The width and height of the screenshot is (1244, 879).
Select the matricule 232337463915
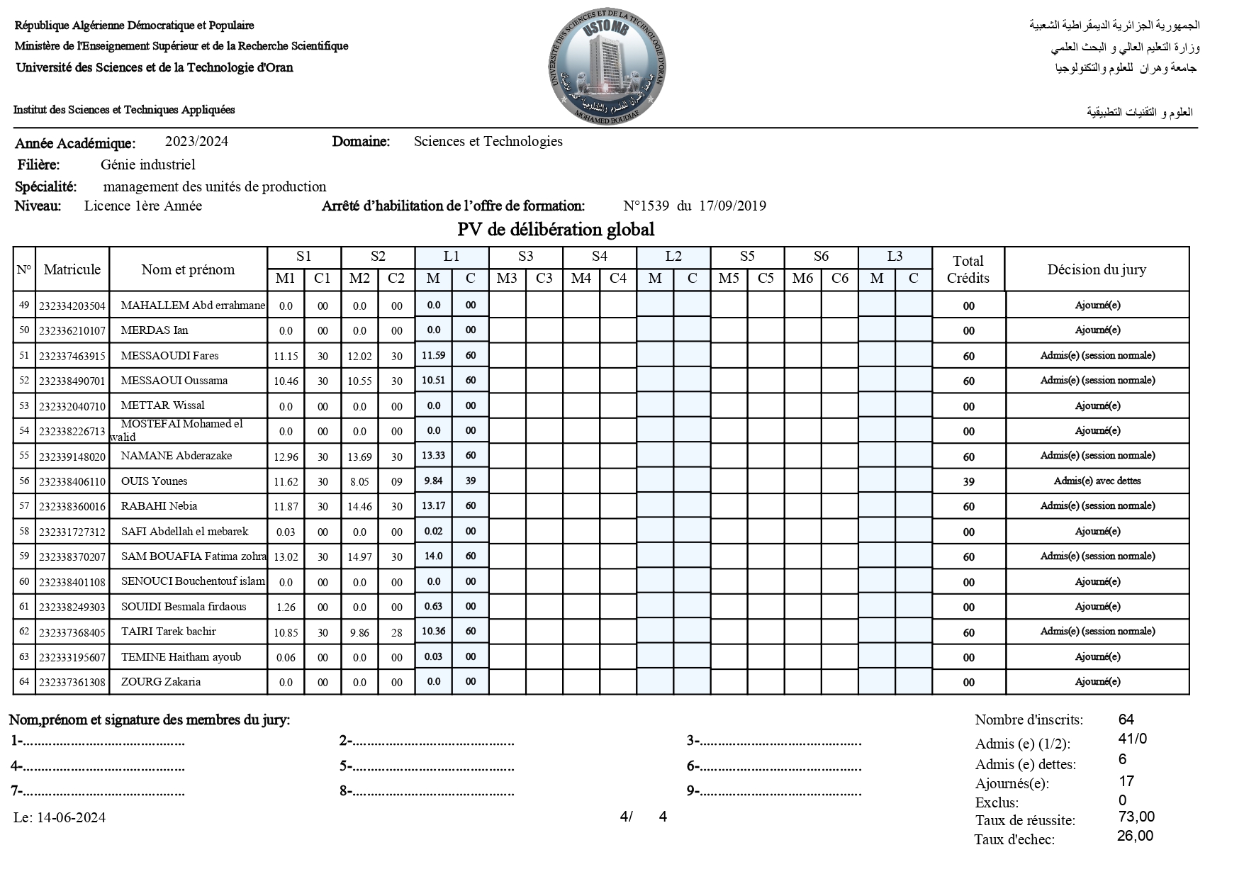72,357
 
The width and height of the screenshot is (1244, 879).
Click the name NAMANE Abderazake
176,456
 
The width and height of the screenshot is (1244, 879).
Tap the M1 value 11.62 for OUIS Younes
286,482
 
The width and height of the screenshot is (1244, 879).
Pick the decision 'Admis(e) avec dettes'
1097,481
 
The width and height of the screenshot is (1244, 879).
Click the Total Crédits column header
968,269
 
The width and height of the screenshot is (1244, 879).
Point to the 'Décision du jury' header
1096,269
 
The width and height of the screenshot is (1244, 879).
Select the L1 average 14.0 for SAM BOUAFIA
433,556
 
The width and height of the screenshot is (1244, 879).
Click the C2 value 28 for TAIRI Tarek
396,633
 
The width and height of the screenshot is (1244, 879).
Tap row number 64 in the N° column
24,682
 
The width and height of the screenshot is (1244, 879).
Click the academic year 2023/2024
196,142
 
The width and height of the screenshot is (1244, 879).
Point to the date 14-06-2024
71,818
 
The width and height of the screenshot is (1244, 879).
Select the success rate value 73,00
1136,817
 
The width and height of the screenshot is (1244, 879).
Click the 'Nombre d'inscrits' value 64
1126,720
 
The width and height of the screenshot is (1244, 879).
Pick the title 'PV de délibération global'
556,230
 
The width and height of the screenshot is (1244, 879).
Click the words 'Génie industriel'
147,165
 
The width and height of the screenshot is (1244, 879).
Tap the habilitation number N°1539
646,206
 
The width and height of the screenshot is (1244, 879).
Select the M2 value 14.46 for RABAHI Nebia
359,507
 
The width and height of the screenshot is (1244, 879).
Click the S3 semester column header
525,257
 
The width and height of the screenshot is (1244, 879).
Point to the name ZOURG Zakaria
161,682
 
